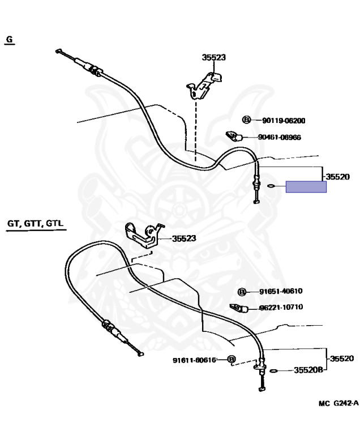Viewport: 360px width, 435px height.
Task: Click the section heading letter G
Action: (9, 39)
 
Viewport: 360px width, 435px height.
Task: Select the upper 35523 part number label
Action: (213, 57)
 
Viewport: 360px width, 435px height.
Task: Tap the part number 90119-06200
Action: (284, 120)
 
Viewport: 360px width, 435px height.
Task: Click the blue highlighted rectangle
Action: (306, 187)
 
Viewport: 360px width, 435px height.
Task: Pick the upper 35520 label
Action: (337, 177)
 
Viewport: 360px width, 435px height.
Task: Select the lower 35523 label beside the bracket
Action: (183, 238)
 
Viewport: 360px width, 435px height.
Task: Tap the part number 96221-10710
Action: (281, 308)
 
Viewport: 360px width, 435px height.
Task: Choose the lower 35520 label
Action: (341, 359)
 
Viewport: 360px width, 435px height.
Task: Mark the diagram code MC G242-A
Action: (338, 403)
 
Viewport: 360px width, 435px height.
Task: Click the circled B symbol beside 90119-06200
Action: (246, 120)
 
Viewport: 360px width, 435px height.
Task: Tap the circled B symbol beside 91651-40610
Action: (242, 292)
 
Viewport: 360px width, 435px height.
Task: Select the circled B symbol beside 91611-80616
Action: (231, 360)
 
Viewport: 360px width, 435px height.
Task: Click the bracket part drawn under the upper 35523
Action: (204, 82)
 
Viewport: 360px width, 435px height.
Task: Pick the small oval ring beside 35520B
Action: (273, 371)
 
